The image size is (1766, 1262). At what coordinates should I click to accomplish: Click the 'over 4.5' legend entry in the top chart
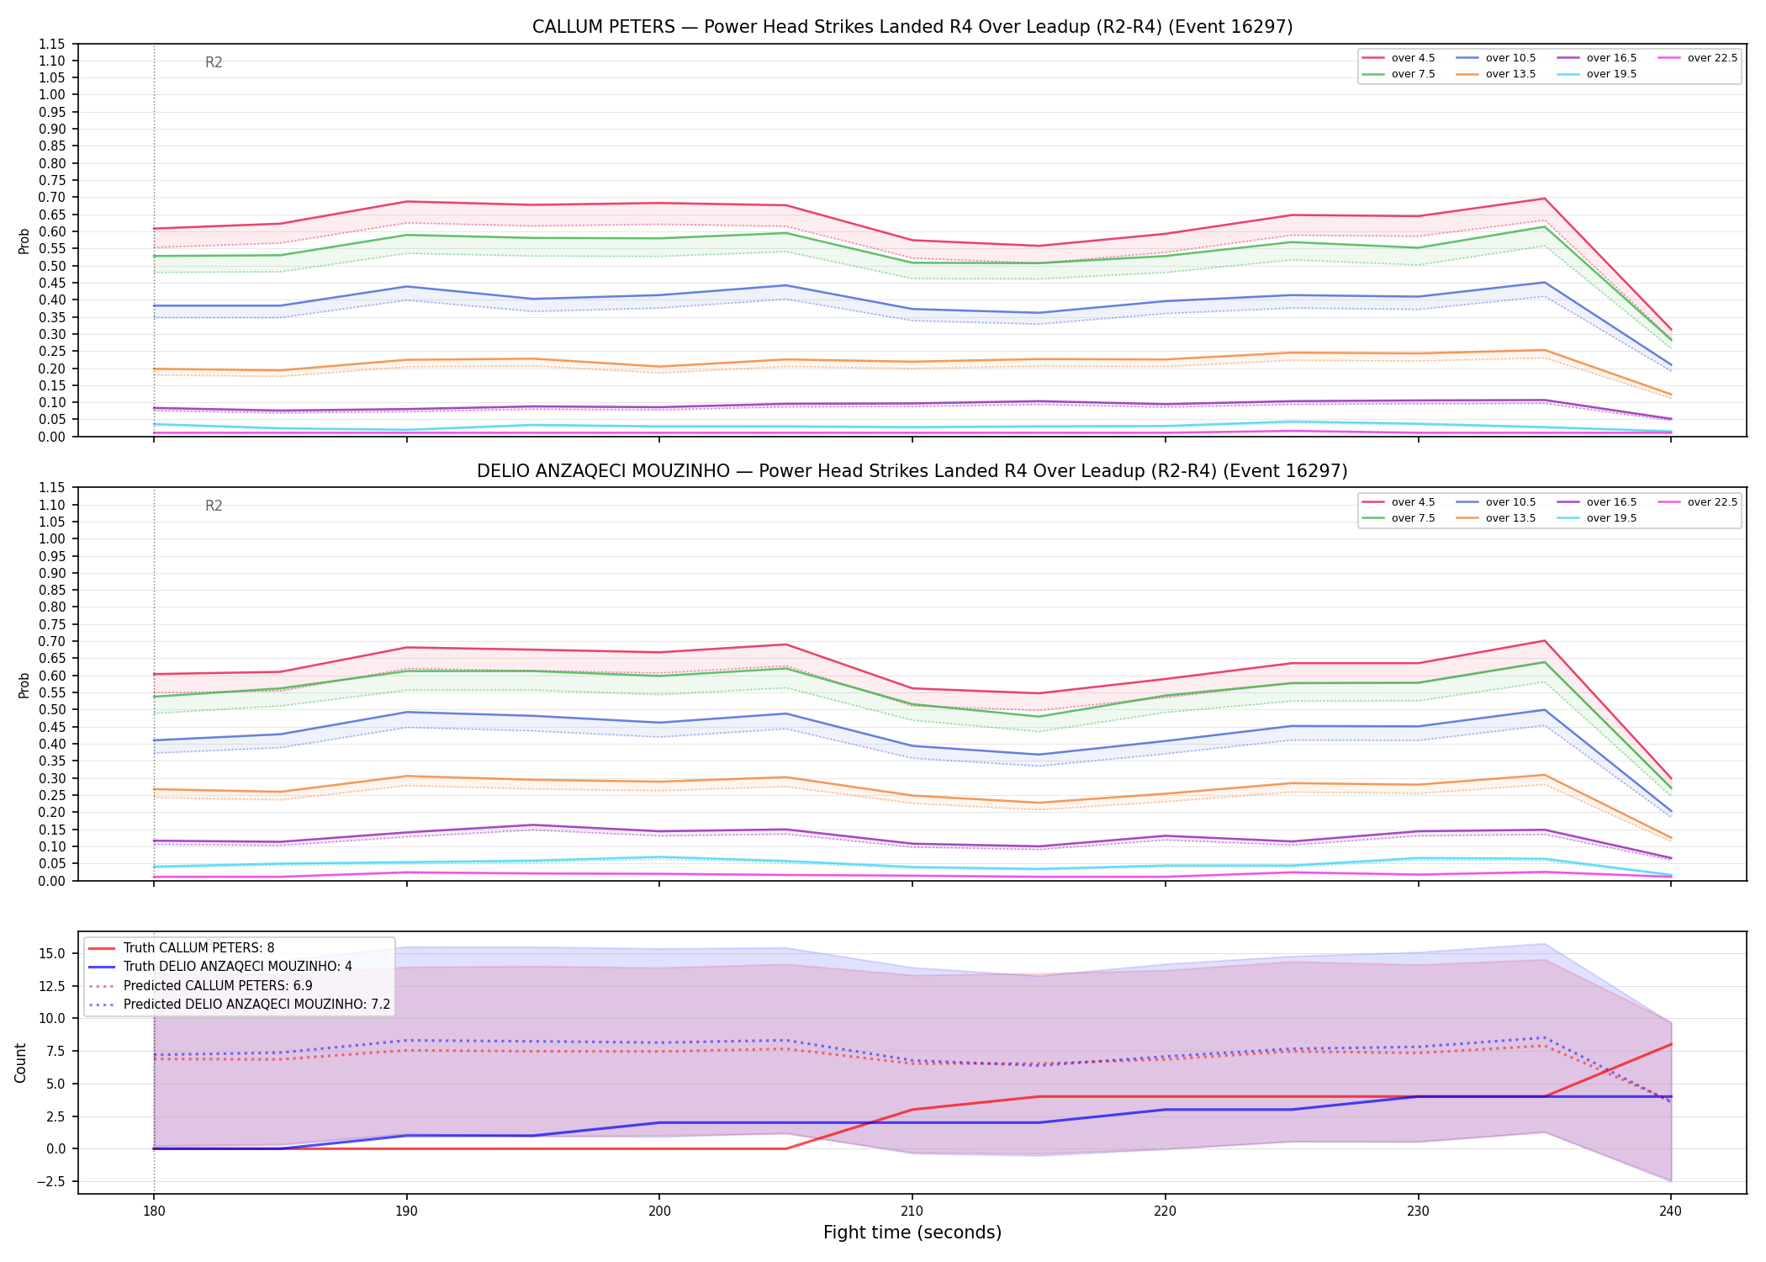[1399, 58]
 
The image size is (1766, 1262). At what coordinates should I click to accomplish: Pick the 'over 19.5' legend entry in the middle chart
[1597, 518]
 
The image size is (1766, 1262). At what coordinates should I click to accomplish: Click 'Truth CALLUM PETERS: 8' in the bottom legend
[181, 948]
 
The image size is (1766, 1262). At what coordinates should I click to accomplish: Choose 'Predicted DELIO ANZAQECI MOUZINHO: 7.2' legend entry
[239, 1005]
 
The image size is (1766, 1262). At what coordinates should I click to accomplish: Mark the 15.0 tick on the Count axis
[54, 953]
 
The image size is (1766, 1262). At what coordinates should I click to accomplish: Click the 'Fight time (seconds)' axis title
[912, 1233]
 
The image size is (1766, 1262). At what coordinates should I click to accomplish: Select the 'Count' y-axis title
[21, 1063]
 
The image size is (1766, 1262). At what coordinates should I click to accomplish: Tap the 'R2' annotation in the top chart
[214, 62]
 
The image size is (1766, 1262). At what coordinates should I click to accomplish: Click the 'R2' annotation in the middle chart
[214, 506]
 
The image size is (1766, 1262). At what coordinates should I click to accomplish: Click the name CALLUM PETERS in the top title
[604, 27]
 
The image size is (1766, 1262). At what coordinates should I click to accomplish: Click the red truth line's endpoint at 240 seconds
[1670, 1044]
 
